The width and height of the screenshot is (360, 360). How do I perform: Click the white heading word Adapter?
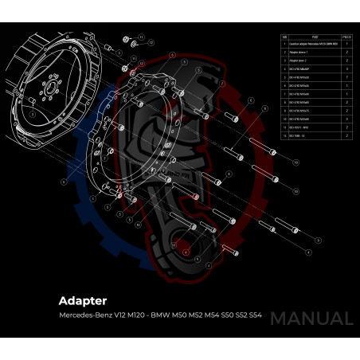click(84, 302)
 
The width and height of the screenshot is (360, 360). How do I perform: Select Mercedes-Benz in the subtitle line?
click(82, 317)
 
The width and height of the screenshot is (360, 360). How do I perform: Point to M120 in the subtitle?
click(136, 317)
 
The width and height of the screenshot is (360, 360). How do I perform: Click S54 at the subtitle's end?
click(255, 317)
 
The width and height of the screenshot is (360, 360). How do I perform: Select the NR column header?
click(284, 37)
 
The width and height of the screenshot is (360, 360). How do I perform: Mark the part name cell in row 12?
click(299, 136)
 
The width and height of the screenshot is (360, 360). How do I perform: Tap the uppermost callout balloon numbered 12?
click(141, 37)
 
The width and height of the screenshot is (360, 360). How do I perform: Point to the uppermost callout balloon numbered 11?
click(141, 45)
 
